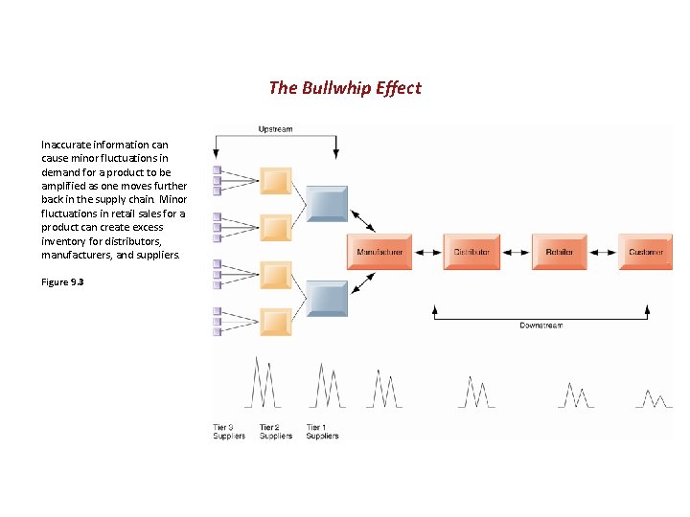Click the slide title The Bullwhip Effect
pos(345,88)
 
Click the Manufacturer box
pos(379,252)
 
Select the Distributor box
pos(471,252)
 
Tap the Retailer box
pos(560,252)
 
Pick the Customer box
pos(645,252)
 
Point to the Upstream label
pos(275,129)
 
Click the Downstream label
pos(540,326)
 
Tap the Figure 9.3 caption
pos(61,282)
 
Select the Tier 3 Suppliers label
pos(229,432)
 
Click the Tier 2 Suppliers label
pos(276,432)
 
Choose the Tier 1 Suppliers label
pos(322,432)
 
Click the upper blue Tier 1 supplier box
pos(327,203)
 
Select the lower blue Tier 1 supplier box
pos(327,298)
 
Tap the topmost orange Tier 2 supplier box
pos(276,181)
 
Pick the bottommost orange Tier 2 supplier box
pos(276,322)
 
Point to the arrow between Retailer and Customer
pos(603,252)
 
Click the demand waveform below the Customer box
pos(655,398)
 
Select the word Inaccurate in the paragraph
pos(65,145)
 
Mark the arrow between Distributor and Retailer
pos(516,252)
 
